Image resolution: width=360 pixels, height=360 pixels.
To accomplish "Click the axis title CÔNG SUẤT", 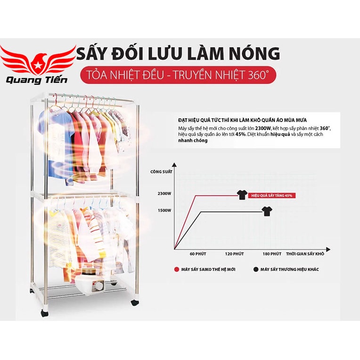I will coord(160,172).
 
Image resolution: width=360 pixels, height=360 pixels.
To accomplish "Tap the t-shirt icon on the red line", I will coord(242,195).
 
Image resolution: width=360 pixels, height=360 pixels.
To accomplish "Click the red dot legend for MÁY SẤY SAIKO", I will coord(176,270).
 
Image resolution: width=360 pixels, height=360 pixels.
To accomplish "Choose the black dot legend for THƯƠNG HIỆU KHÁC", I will coord(256,270).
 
